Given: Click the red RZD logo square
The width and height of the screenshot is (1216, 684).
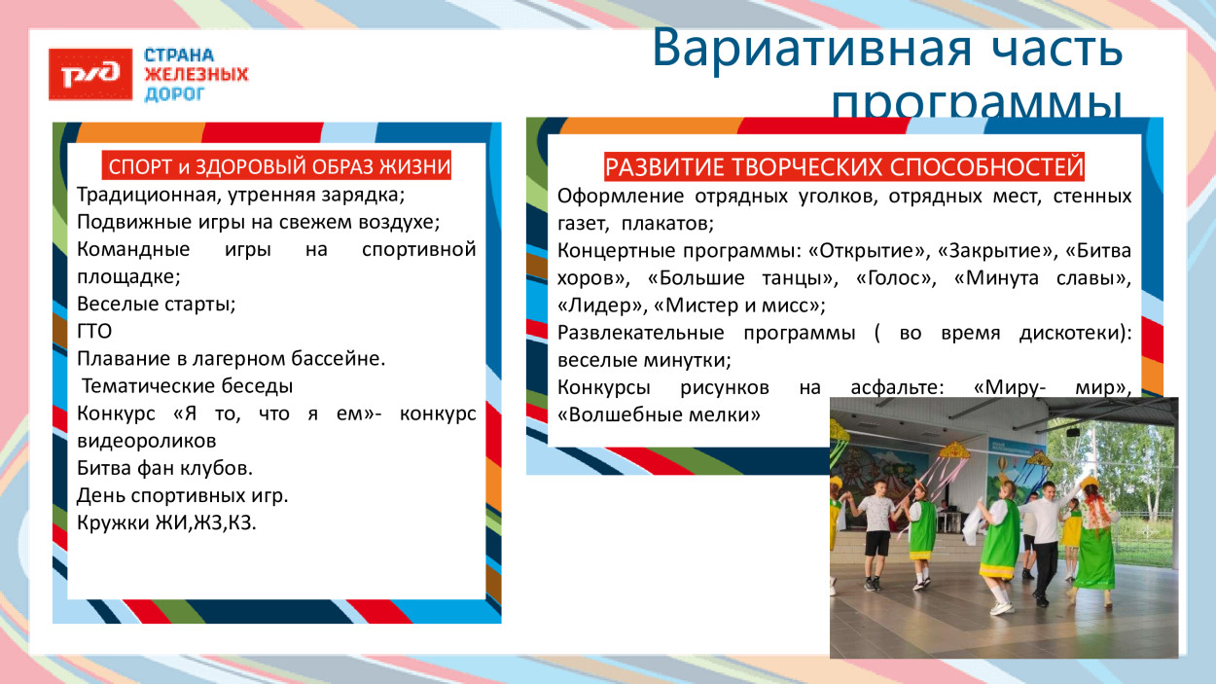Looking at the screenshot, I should pyautogui.click(x=90, y=74).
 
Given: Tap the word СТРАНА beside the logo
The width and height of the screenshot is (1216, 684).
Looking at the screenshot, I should pyautogui.click(x=179, y=55).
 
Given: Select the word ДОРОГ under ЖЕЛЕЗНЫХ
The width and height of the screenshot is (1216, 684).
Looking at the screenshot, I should pyautogui.click(x=175, y=94).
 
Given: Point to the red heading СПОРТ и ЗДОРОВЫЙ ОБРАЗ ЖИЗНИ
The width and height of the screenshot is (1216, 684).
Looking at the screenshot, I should pyautogui.click(x=278, y=165).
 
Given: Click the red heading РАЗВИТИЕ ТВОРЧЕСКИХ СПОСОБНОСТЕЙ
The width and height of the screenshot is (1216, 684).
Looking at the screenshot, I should pyautogui.click(x=843, y=166).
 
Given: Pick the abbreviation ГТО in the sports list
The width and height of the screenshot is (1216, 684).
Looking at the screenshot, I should pyautogui.click(x=94, y=331).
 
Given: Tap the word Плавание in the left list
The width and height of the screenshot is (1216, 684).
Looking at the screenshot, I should pyautogui.click(x=117, y=358).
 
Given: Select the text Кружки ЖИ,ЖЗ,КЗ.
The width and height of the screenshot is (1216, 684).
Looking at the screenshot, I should pyautogui.click(x=166, y=522).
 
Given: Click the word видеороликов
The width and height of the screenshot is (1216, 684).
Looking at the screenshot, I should pyautogui.click(x=146, y=440).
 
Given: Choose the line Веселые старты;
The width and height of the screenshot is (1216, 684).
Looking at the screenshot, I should pyautogui.click(x=156, y=304).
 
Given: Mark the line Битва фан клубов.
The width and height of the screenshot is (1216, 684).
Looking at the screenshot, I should pyautogui.click(x=164, y=467).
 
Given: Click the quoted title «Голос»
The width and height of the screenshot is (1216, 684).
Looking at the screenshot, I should pyautogui.click(x=895, y=278).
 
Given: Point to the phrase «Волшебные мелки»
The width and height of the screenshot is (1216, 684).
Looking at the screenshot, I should pyautogui.click(x=658, y=414).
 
